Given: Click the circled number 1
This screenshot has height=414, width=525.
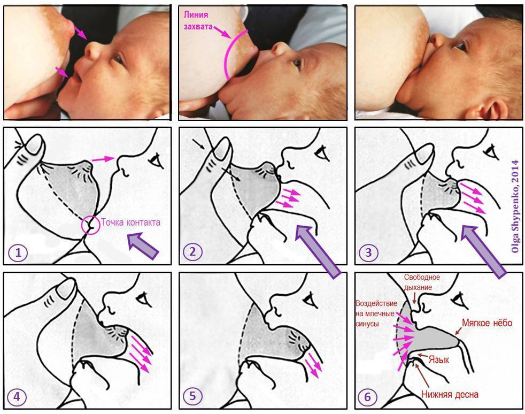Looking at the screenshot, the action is pos(18,252).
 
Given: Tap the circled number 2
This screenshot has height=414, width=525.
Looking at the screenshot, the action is pos(192,251).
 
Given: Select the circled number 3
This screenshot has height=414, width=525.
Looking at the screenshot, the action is pos(368,252).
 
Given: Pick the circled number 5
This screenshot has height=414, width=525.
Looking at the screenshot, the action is pos(192,396).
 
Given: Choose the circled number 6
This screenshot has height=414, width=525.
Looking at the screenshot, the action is pos(368,397).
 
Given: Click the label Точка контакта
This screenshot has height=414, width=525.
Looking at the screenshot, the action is pos(130,222).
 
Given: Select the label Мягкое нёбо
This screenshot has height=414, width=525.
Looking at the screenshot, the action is pos(487,323).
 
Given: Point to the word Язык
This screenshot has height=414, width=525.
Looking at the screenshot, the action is pos(438,359).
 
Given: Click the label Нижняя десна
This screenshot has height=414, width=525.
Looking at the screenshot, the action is pos(449,395).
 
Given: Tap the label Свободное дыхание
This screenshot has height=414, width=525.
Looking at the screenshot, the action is pos(421,282).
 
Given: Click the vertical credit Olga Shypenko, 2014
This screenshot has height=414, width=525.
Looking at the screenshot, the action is pos(515,206).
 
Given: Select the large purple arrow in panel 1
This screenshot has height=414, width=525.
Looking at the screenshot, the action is pos(143,246).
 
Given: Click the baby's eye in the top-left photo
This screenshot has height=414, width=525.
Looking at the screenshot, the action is pos(118,59).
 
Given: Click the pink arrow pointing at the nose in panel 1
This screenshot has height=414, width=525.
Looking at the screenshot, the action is pos(104,159).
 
